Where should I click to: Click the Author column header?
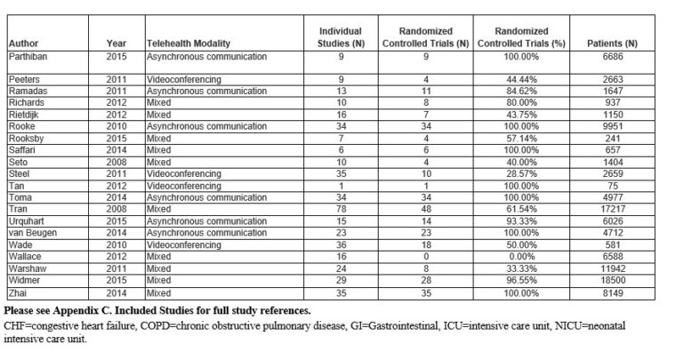21,42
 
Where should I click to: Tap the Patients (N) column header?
613,42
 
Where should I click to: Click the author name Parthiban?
29,55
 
